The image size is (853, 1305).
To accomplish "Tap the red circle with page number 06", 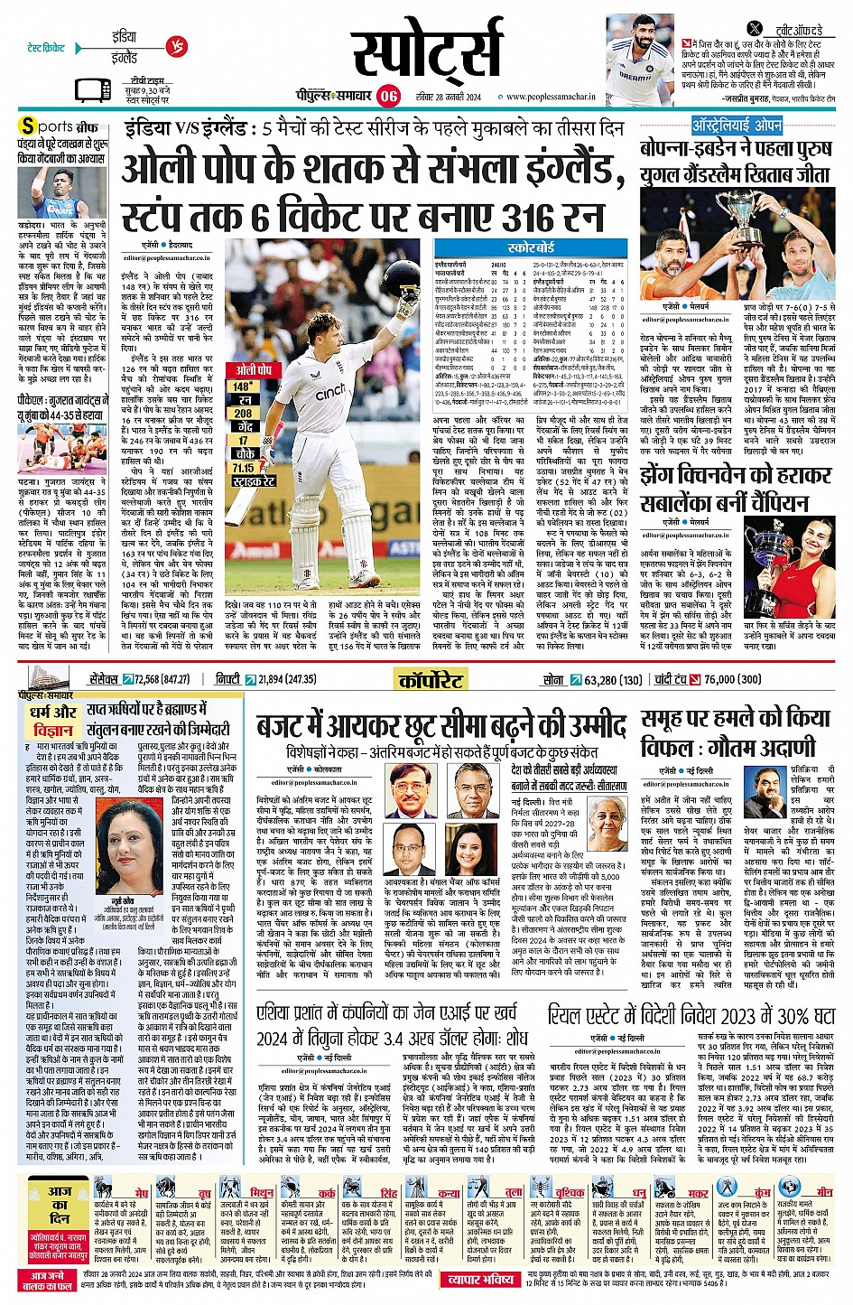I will (x=388, y=96).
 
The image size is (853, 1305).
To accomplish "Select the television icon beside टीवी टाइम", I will (x=92, y=89).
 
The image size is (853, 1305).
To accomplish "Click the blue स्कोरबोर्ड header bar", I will (x=531, y=247).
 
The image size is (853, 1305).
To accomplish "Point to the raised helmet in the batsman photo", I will (x=400, y=279).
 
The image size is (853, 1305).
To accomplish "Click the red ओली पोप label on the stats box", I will (x=254, y=370).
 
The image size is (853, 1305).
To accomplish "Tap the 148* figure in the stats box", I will (x=243, y=386).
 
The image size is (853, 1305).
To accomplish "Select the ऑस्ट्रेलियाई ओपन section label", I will (x=737, y=125).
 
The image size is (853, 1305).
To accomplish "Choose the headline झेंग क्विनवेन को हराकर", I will (x=736, y=475).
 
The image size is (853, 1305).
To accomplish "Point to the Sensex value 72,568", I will (x=147, y=679).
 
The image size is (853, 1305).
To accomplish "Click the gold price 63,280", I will (x=601, y=680).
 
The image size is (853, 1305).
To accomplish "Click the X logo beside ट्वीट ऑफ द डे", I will (x=755, y=29).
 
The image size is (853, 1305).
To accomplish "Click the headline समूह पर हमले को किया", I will (x=736, y=718).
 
